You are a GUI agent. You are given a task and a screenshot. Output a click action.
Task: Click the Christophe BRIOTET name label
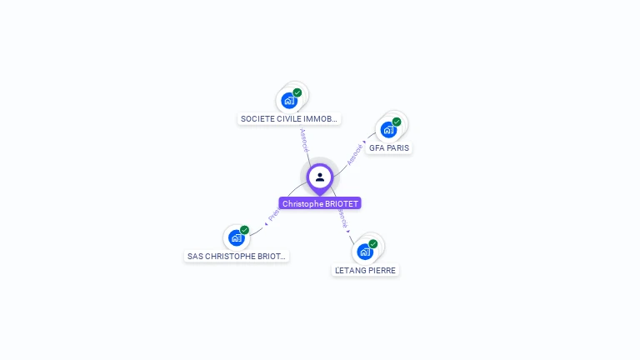click(x=320, y=203)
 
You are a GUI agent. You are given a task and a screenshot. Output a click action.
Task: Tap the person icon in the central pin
click(x=320, y=177)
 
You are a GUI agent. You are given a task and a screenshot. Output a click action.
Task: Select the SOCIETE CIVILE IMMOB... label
click(x=289, y=119)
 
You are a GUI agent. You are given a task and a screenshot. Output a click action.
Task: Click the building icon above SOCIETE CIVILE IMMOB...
click(x=289, y=101)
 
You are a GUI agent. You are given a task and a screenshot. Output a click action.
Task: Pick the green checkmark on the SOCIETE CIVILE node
click(x=297, y=92)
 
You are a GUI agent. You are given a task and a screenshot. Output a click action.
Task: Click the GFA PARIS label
click(x=389, y=147)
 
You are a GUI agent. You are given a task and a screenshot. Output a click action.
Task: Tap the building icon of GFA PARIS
click(x=388, y=130)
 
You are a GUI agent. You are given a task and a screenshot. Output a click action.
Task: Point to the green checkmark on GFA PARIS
click(x=397, y=122)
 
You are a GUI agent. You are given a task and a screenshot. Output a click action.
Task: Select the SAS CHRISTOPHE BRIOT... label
click(x=237, y=257)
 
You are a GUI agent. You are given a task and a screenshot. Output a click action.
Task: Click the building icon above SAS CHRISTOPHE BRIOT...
click(x=237, y=238)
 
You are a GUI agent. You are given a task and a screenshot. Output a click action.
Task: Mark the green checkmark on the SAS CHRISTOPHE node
click(x=244, y=230)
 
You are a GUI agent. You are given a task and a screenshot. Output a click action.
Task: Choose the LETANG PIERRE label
click(x=365, y=270)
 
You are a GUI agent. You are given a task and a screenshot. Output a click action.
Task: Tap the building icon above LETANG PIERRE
click(x=364, y=252)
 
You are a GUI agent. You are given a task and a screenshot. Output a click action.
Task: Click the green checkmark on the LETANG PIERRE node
click(x=373, y=243)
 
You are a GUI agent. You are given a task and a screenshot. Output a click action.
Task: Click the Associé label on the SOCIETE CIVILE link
click(x=304, y=139)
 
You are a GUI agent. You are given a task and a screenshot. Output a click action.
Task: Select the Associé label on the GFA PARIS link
click(x=355, y=154)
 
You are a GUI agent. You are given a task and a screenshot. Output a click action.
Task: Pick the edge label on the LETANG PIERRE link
click(x=342, y=219)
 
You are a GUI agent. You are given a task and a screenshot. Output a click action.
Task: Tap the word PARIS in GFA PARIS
click(x=397, y=147)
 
